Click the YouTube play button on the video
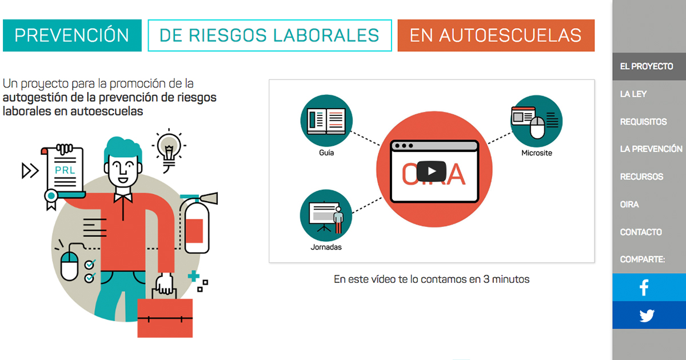coord(431,171)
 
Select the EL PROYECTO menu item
coord(647,66)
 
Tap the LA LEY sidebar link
coord(633,94)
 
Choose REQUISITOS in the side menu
coord(644,122)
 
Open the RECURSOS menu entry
coord(641,177)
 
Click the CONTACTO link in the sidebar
coord(641,232)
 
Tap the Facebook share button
coord(649,287)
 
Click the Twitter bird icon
coord(647,315)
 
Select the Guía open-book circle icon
coord(326,121)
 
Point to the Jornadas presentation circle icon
coord(326,215)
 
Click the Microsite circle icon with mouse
coord(537,121)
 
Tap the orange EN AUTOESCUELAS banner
coord(496,35)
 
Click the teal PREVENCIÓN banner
coord(72,35)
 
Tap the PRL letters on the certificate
coord(65,170)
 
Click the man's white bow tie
coord(123,198)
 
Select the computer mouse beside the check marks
coord(70,265)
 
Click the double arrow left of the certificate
coord(30,170)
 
